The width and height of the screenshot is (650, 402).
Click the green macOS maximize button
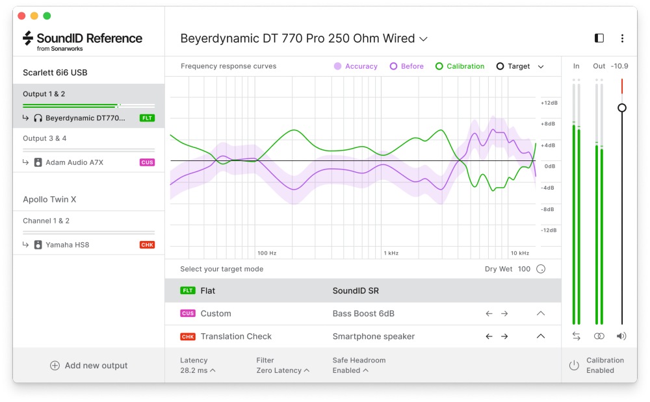click(47, 16)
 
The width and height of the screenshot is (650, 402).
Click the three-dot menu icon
click(622, 38)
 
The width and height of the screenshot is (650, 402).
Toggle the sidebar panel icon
click(599, 38)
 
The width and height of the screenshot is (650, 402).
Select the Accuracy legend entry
click(356, 66)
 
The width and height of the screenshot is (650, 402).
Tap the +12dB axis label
click(549, 103)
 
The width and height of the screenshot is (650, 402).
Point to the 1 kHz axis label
click(391, 253)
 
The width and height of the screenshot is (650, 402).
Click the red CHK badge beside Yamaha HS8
click(147, 245)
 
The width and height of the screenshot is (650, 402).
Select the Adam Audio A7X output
click(74, 162)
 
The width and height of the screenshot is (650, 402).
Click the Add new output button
click(88, 366)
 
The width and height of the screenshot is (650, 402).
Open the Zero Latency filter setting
click(283, 370)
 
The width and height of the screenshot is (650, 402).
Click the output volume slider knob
click(622, 108)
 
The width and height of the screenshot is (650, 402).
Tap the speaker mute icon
click(622, 336)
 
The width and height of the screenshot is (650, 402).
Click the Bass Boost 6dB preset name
click(363, 314)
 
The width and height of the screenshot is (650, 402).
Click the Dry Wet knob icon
click(541, 269)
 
